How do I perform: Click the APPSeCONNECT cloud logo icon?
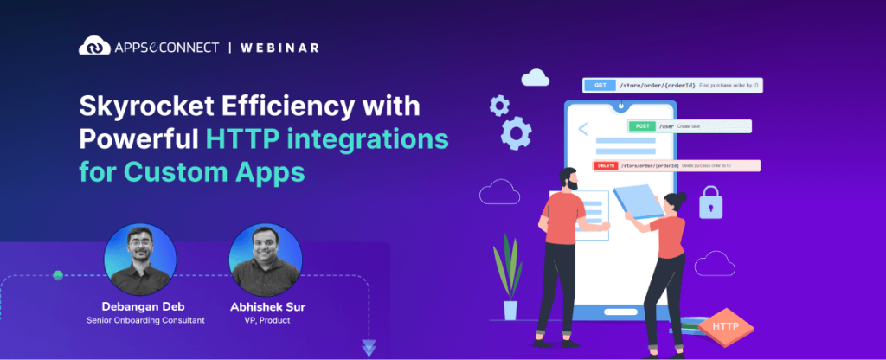pyautogui.click(x=93, y=46)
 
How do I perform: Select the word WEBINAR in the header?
pyautogui.click(x=280, y=46)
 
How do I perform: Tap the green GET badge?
pyautogui.click(x=599, y=85)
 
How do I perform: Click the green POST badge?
pyautogui.click(x=642, y=126)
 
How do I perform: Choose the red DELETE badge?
pyautogui.click(x=605, y=165)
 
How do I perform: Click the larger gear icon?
pyautogui.click(x=516, y=135)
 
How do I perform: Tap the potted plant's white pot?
pyautogui.click(x=510, y=310)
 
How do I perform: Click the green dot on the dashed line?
pyautogui.click(x=58, y=275)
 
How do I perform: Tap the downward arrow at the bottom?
pyautogui.click(x=369, y=348)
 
